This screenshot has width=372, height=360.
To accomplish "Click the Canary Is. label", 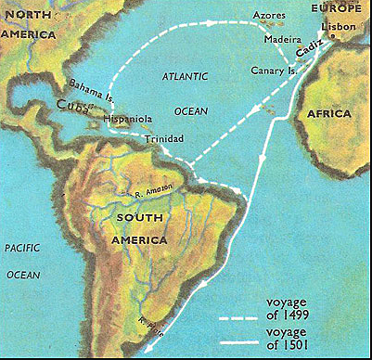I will point(276,71).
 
